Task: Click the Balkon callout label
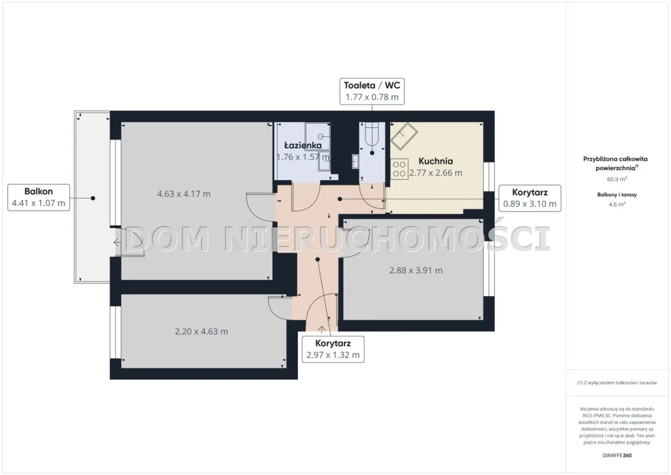click(38, 197)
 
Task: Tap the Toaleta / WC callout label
click(372, 91)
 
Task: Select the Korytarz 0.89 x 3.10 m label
click(530, 198)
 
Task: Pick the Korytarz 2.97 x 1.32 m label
click(333, 349)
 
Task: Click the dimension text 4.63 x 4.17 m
click(183, 194)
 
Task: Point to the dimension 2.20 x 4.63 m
click(201, 331)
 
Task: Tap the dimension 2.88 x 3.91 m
click(416, 270)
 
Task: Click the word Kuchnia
click(436, 161)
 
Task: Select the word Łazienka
click(303, 145)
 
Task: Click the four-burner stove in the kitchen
click(399, 169)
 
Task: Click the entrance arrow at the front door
click(322, 330)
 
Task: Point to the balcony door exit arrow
click(117, 243)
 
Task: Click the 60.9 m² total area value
click(617, 179)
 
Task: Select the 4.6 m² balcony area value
click(617, 204)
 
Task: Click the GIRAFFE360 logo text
click(617, 455)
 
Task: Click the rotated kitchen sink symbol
click(404, 136)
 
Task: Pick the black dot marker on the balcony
click(93, 198)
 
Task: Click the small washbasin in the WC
click(355, 162)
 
